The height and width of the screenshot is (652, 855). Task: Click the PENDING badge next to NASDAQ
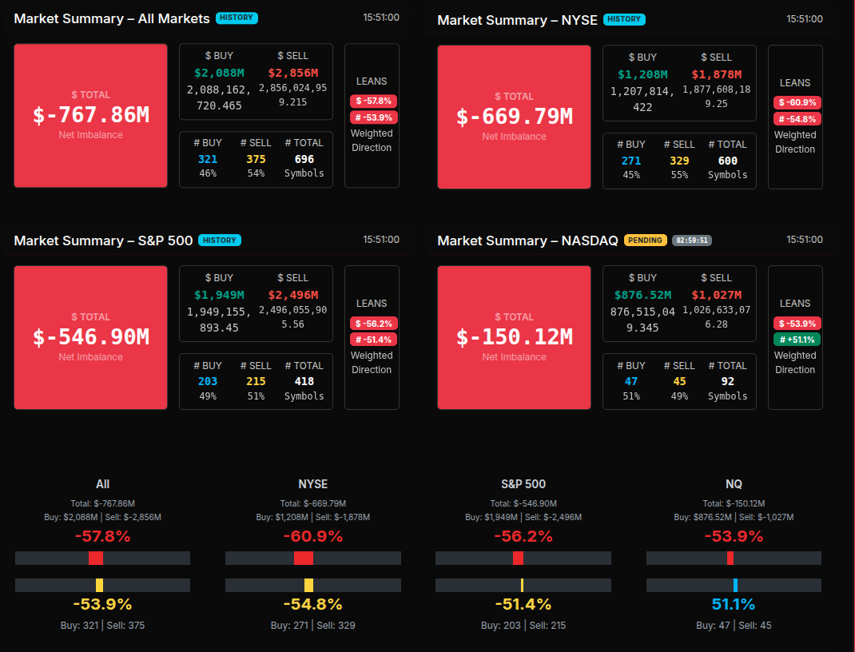[645, 240]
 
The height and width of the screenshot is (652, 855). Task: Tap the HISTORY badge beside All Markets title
[237, 18]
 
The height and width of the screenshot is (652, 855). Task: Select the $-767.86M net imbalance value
[91, 115]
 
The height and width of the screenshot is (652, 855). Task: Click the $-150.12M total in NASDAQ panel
[515, 337]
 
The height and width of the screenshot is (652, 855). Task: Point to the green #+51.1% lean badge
[795, 340]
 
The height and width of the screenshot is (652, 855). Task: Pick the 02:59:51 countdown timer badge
[692, 240]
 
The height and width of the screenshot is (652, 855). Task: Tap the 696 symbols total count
[304, 159]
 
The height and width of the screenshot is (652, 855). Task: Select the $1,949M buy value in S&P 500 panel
[219, 295]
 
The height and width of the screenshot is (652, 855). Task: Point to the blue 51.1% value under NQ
[734, 604]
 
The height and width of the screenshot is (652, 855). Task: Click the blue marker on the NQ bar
[735, 585]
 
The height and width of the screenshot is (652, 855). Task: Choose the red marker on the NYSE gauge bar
[304, 559]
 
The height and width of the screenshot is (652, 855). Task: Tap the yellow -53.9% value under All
[102, 604]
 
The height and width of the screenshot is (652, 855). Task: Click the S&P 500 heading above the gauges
[523, 484]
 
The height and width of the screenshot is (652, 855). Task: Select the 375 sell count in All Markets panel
[256, 159]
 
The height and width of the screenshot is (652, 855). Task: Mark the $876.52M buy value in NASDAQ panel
[642, 295]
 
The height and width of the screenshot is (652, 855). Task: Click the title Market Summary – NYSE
[517, 19]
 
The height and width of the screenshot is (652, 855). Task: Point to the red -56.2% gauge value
[523, 536]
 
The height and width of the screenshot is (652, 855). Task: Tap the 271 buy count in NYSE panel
[631, 161]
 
